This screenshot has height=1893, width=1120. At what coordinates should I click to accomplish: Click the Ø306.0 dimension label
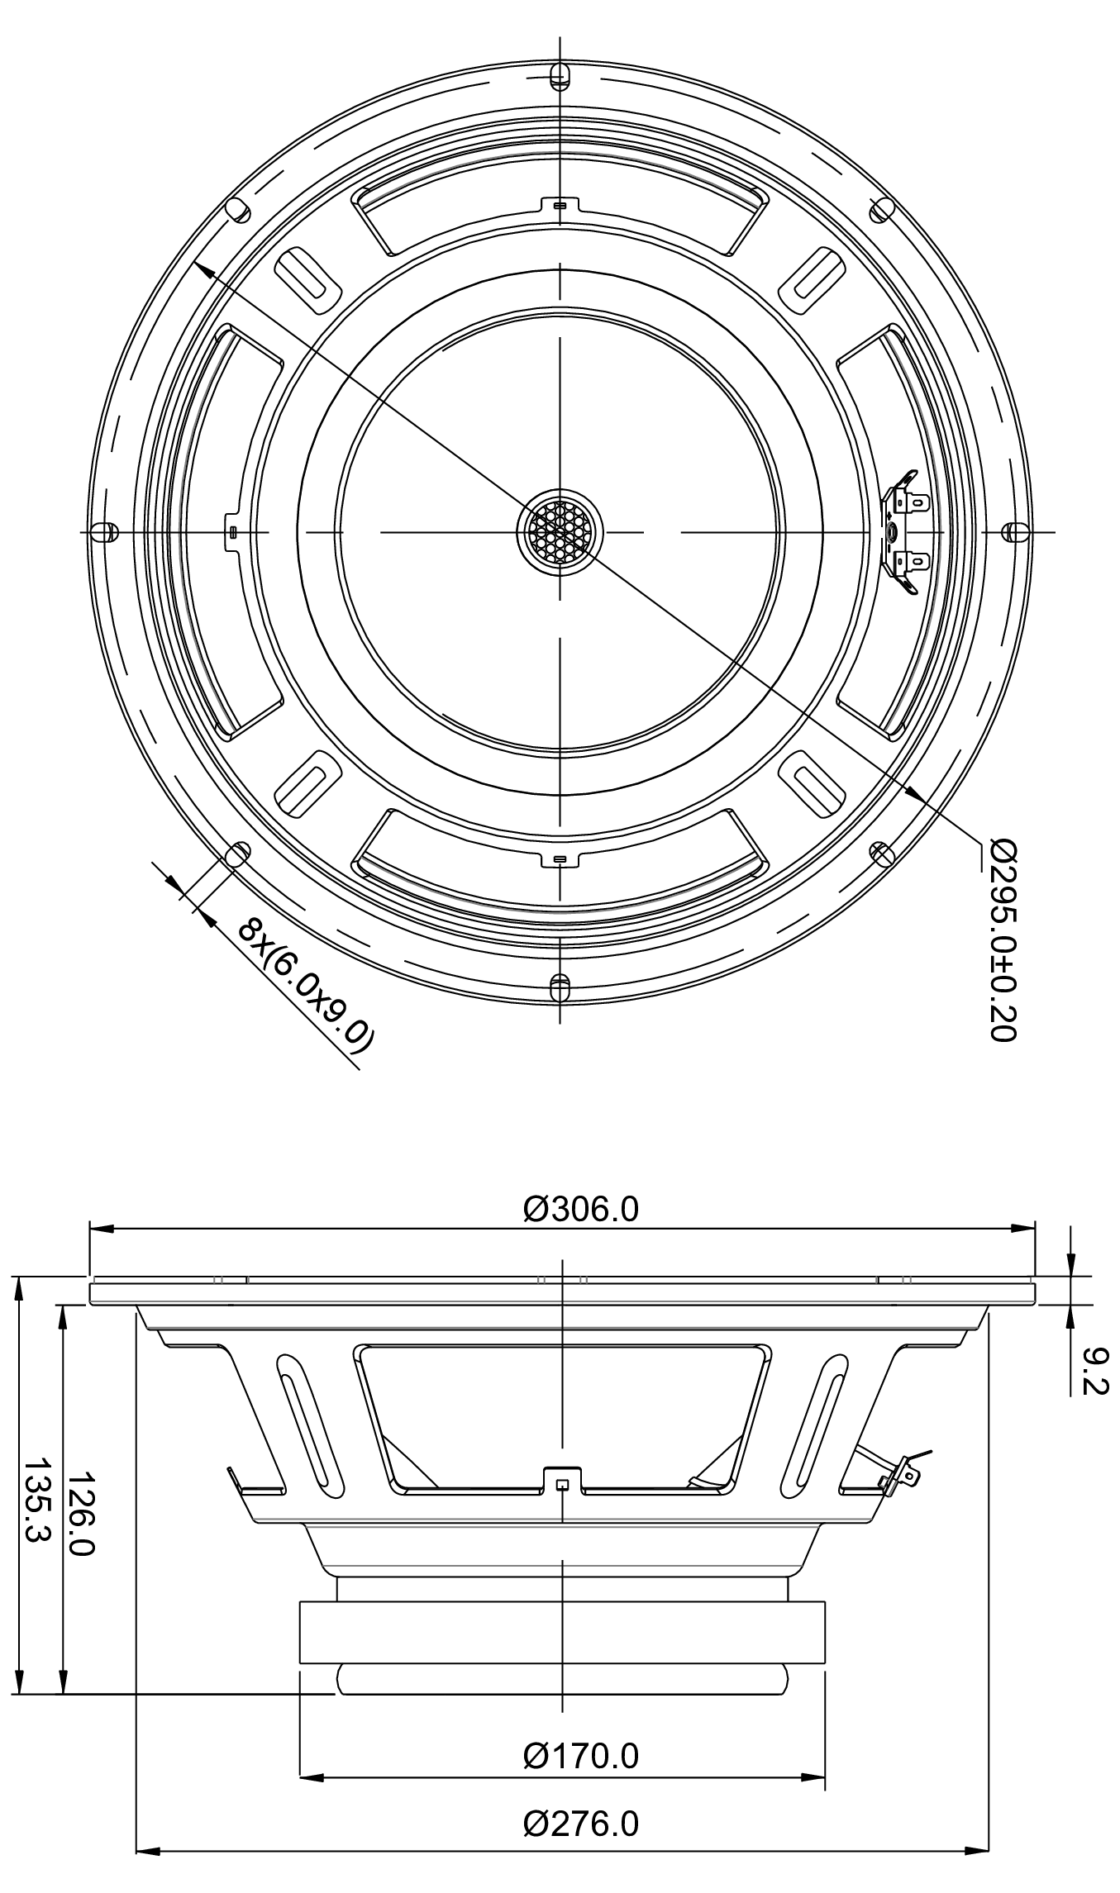pyautogui.click(x=580, y=1209)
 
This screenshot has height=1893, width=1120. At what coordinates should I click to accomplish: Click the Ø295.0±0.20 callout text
pyautogui.click(x=1002, y=939)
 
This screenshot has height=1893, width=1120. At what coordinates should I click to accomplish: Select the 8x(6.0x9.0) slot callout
pyautogui.click(x=306, y=985)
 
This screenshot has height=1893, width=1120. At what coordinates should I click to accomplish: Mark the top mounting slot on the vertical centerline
pyautogui.click(x=560, y=75)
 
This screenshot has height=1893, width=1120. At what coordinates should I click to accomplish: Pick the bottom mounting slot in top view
pyautogui.click(x=560, y=987)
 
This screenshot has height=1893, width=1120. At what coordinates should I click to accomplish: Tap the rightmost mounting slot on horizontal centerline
pyautogui.click(x=1016, y=531)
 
